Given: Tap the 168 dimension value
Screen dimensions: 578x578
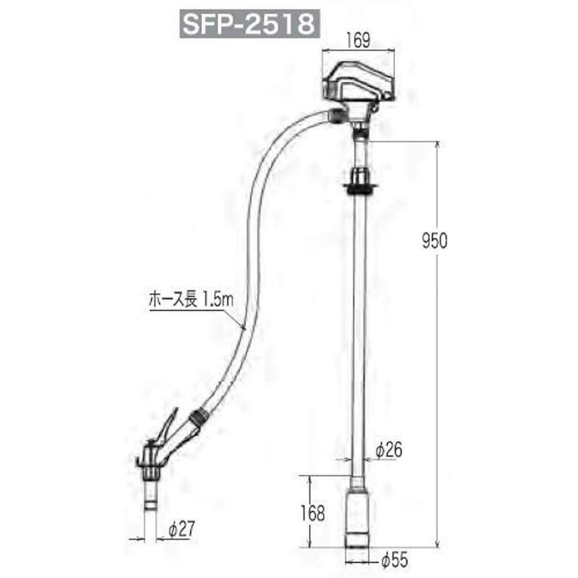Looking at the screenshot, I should tap(313, 512).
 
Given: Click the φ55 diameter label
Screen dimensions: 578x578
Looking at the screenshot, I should tap(394, 560).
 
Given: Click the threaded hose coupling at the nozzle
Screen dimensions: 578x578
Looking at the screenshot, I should tap(198, 417).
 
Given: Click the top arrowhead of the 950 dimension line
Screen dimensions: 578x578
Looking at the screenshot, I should tap(438, 144).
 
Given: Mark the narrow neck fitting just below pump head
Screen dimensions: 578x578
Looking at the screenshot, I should tap(360, 136).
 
